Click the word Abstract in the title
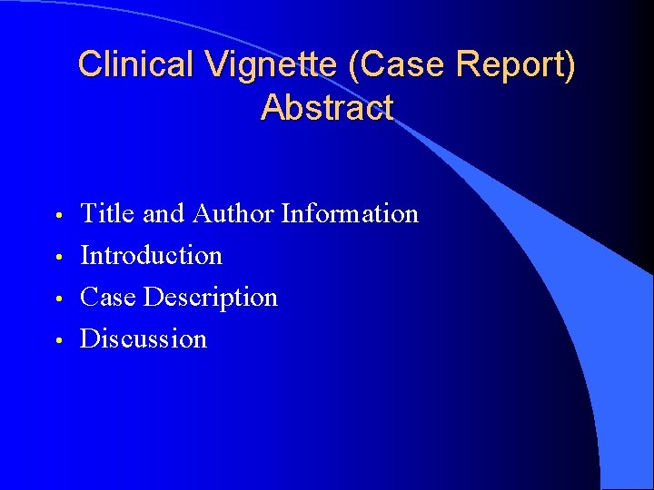tap(327, 107)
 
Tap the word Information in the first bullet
tap(350, 214)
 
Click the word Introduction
tap(151, 256)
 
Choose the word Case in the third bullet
tap(109, 298)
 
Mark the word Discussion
tap(144, 339)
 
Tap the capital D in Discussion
tap(90, 339)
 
